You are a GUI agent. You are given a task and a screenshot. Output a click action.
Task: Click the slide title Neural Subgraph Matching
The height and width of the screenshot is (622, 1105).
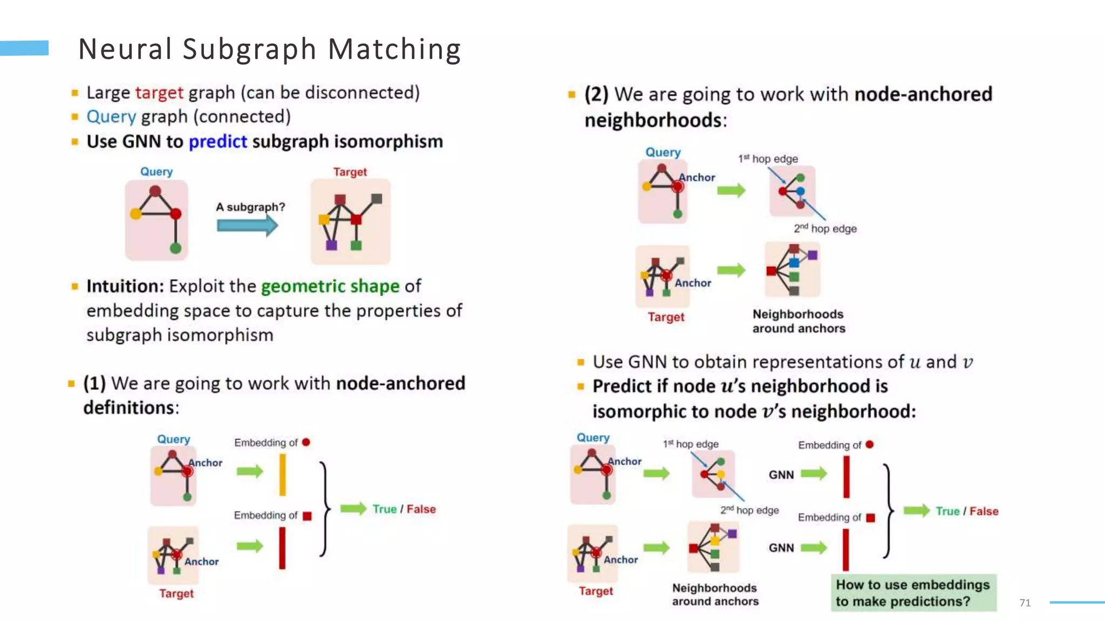click(x=269, y=49)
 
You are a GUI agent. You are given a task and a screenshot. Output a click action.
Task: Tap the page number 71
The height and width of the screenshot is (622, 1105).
click(x=1025, y=603)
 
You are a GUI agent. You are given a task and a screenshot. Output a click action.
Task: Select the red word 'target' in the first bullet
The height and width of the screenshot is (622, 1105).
click(x=159, y=93)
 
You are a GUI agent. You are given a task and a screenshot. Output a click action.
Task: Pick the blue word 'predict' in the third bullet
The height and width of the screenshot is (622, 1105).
click(x=217, y=141)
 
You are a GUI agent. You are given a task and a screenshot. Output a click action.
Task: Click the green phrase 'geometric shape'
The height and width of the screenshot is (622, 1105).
click(x=330, y=286)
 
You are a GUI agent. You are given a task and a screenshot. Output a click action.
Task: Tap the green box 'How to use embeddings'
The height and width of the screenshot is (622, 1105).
click(x=913, y=592)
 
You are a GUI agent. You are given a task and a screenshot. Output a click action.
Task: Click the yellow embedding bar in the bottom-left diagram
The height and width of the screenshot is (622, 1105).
click(x=282, y=475)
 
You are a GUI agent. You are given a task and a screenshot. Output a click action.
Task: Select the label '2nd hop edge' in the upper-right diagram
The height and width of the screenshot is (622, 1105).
click(x=825, y=228)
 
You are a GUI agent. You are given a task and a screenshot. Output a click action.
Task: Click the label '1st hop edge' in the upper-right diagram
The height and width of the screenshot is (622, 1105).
click(x=768, y=159)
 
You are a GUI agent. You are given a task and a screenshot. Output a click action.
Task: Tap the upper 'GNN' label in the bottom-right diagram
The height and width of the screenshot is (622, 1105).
click(x=781, y=475)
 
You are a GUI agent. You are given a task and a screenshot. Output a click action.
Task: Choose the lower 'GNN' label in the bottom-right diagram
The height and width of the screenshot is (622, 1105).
click(x=781, y=547)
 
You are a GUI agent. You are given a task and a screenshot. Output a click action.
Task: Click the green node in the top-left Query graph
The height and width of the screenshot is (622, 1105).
click(x=175, y=248)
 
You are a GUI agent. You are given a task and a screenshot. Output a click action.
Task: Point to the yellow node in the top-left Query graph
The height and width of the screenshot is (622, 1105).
click(x=136, y=214)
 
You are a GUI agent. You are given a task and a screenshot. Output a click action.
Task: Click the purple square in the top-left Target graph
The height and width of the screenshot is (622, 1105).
click(x=331, y=245)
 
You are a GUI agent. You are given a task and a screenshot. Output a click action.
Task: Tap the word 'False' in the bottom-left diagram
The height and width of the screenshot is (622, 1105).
click(x=421, y=509)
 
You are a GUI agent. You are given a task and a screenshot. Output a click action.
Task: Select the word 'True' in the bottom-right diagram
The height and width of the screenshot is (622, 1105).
click(x=947, y=511)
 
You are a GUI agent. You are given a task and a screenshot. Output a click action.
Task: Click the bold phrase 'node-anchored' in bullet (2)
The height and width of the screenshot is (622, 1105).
click(x=923, y=94)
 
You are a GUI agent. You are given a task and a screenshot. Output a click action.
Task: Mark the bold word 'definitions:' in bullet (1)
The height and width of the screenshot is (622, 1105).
click(x=131, y=408)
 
